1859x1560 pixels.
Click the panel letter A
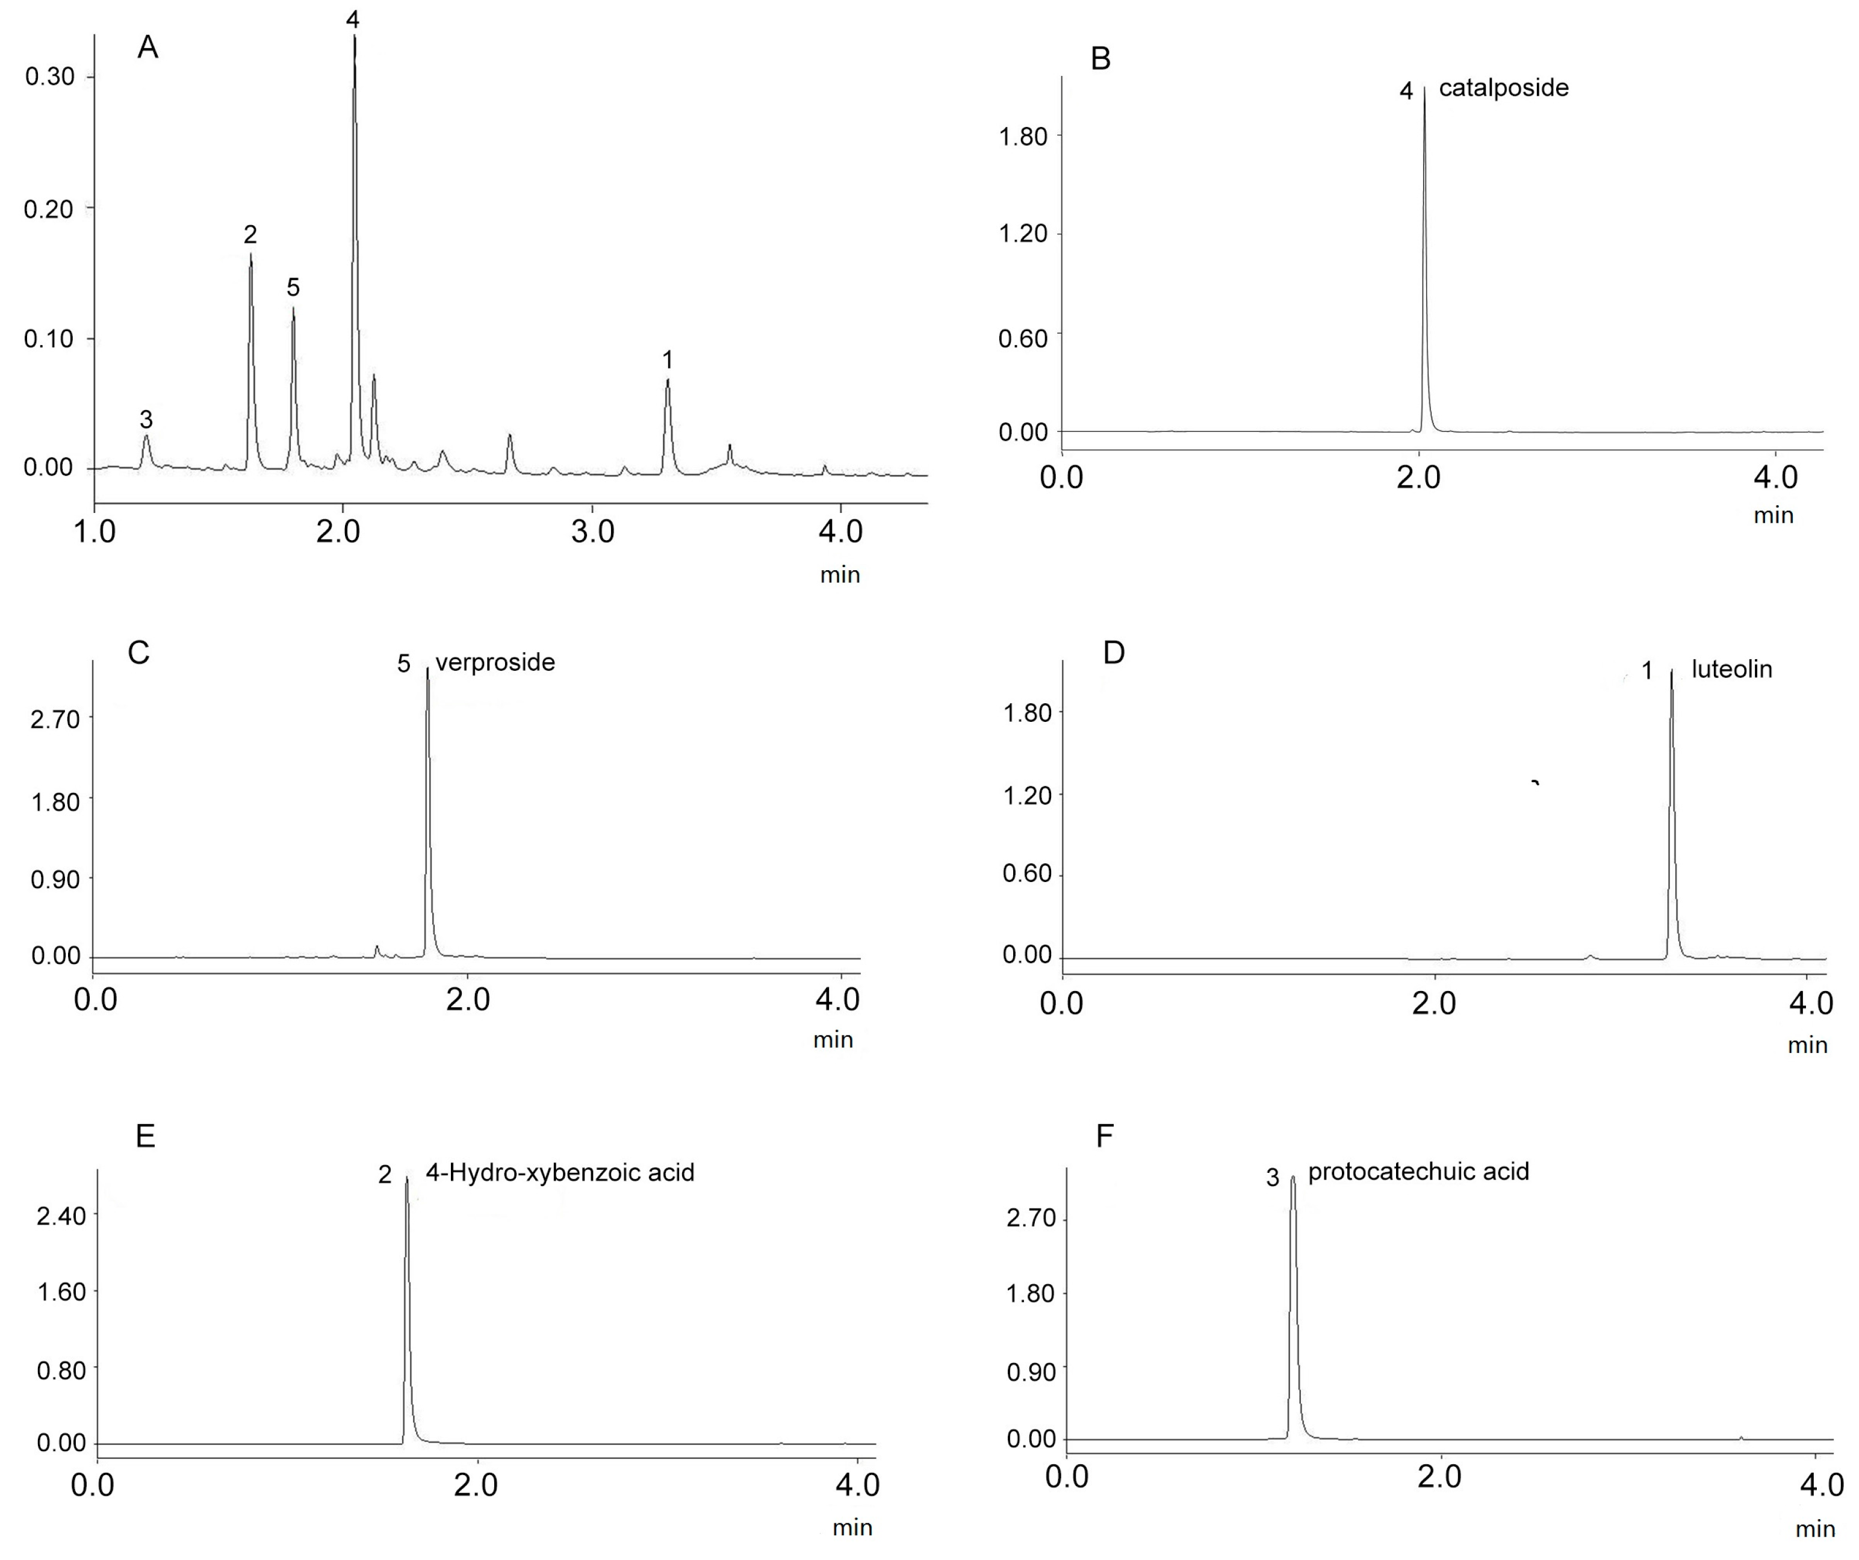(x=148, y=48)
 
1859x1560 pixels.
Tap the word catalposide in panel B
(x=1503, y=88)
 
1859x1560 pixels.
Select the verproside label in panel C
(x=495, y=662)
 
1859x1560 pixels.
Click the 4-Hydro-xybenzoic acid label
(x=559, y=1173)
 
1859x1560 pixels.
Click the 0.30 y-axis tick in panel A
(x=49, y=77)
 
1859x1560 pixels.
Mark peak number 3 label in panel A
(x=146, y=419)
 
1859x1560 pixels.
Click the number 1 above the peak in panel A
(x=668, y=359)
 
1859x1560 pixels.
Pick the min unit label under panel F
(x=1814, y=1529)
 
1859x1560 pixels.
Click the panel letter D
(x=1114, y=653)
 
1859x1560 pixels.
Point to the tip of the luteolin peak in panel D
(x=1671, y=672)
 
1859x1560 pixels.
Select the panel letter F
(x=1104, y=1136)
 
